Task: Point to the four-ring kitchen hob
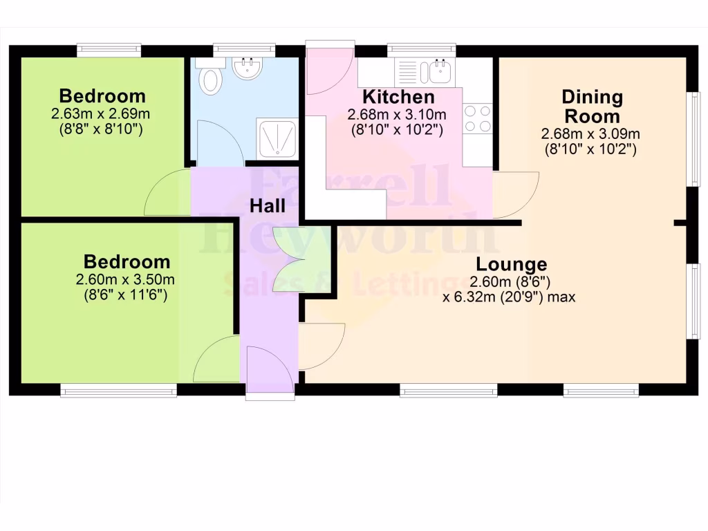tap(477, 118)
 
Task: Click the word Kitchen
tap(399, 97)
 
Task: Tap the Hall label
tap(267, 205)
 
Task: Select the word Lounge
tap(512, 264)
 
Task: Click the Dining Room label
tap(592, 106)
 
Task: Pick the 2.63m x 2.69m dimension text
tap(101, 113)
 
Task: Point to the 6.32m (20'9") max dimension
tap(509, 297)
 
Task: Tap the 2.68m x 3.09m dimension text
tap(591, 133)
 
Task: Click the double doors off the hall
tap(288, 259)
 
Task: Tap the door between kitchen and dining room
tap(514, 194)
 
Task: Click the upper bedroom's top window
tap(109, 49)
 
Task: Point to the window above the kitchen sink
tap(421, 49)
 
